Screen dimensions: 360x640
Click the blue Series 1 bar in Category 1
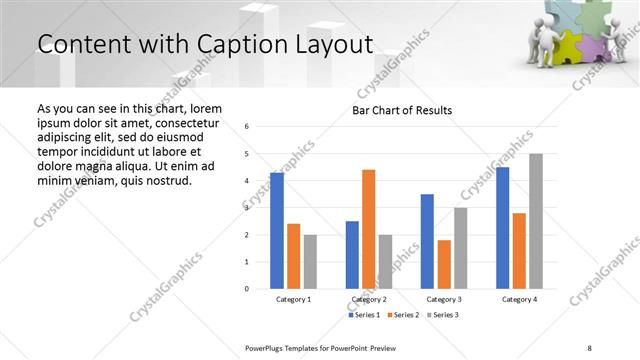click(x=277, y=230)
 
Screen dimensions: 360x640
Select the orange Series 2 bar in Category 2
click(x=368, y=229)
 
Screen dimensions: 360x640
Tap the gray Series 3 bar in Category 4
click(x=536, y=221)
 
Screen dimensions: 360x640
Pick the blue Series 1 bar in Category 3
click(x=427, y=241)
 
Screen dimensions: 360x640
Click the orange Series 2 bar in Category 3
click(x=444, y=264)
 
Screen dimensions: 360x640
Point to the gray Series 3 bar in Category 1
click(x=310, y=261)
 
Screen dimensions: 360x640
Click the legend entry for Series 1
click(x=365, y=315)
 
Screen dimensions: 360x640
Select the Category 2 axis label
click(x=368, y=300)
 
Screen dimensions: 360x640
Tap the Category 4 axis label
click(x=519, y=300)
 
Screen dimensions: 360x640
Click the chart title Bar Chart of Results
click(x=402, y=110)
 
